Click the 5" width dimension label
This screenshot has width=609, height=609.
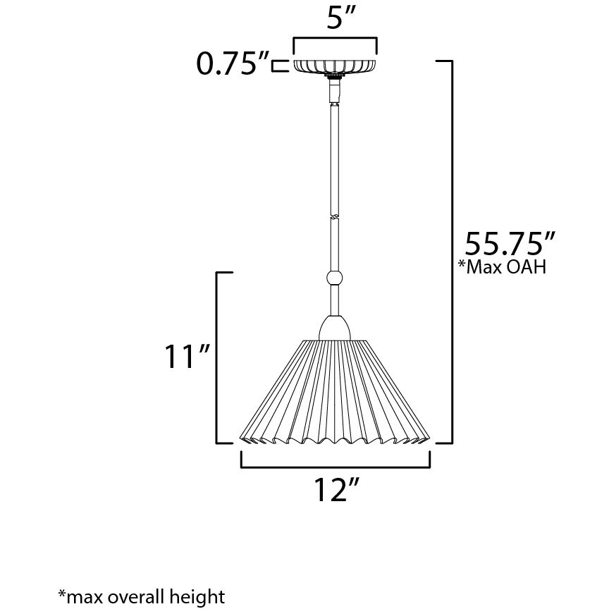point(335,18)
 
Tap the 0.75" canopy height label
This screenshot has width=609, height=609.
point(233,65)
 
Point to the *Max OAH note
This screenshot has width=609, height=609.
point(501,268)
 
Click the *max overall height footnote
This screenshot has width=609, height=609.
point(140,596)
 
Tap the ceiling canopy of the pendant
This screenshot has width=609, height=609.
point(335,65)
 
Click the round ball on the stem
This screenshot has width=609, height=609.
point(335,277)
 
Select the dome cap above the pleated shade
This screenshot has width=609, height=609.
point(335,327)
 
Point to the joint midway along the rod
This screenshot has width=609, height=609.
point(335,214)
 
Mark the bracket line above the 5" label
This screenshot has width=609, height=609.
point(335,38)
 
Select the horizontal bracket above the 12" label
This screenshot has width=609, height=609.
point(335,466)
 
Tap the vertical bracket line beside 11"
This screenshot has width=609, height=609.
point(216,357)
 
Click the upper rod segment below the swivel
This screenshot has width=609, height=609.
point(335,155)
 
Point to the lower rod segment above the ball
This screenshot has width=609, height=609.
point(335,243)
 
